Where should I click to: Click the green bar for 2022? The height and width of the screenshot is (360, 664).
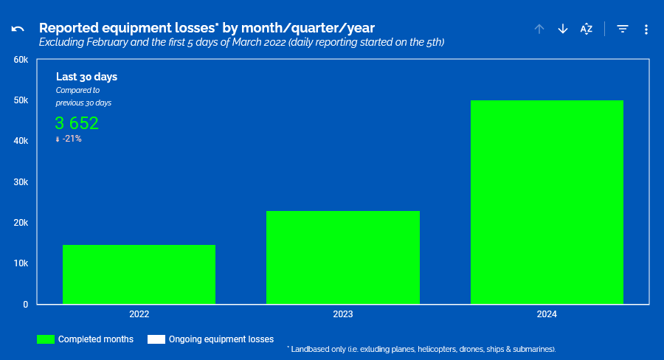tap(139, 274)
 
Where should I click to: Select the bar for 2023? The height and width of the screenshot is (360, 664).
tap(343, 257)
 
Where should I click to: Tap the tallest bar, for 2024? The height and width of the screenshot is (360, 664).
tap(547, 202)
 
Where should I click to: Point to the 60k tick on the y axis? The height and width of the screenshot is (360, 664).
tap(21, 60)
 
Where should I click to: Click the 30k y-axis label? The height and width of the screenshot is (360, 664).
tap(21, 182)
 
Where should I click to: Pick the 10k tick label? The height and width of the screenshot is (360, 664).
tap(21, 263)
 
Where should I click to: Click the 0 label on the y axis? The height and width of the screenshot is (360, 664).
tap(25, 305)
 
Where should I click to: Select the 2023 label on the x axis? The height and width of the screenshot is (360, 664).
tap(343, 314)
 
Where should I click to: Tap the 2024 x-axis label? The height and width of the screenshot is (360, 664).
tap(547, 314)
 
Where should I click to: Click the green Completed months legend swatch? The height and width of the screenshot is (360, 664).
tap(46, 339)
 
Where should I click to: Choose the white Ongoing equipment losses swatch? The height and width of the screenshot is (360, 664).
tap(156, 339)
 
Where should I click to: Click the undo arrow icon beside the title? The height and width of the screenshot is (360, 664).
tap(18, 29)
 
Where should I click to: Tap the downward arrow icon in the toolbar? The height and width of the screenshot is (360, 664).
tap(563, 29)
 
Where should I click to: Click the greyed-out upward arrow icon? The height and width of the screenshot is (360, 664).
tap(539, 29)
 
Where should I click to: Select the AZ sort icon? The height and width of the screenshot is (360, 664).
tap(587, 29)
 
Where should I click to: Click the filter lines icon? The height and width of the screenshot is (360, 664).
tap(623, 29)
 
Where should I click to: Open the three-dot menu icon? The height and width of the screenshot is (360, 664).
tap(646, 30)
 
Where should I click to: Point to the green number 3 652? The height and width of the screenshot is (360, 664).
tap(77, 123)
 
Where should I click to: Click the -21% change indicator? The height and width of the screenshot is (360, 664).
tap(69, 139)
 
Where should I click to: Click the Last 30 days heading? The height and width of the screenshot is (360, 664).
tap(87, 77)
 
